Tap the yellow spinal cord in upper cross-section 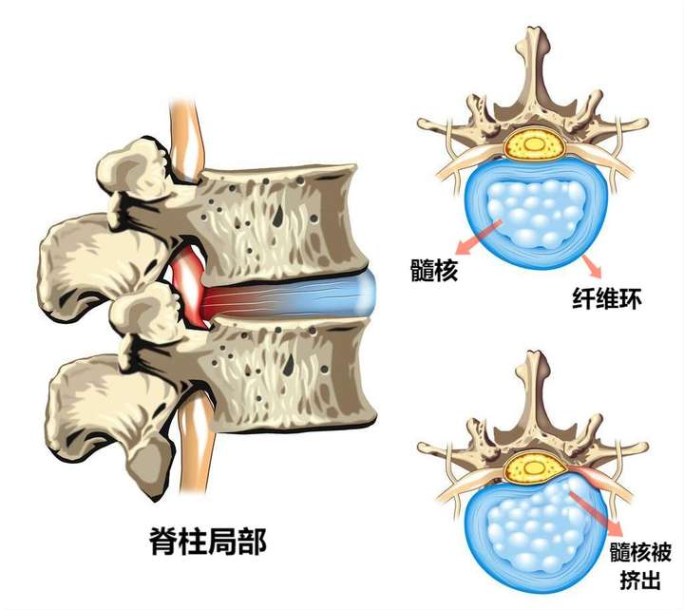[535, 144]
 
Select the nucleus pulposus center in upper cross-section [535, 214]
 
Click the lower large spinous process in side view [95, 399]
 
